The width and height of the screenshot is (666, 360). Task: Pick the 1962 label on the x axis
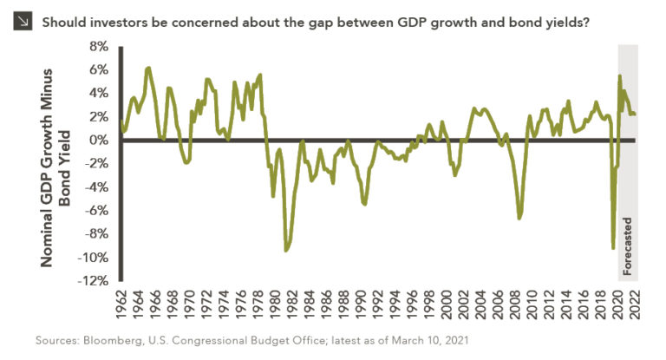tap(121, 304)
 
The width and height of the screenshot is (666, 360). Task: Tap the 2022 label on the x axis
tap(634, 304)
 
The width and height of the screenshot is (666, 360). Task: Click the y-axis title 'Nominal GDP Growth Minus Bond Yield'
tap(73, 163)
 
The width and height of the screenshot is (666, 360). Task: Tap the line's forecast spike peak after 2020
tap(619, 75)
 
